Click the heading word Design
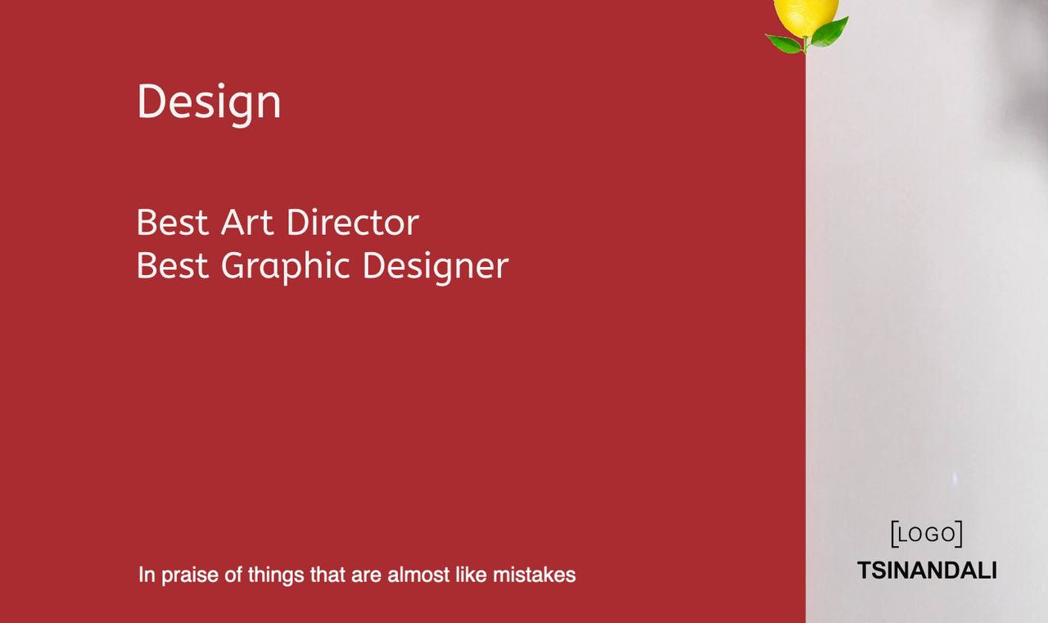[x=209, y=104]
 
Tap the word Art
[x=247, y=222]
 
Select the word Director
[x=353, y=222]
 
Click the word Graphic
[x=286, y=267]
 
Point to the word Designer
[x=436, y=267]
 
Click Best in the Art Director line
[x=173, y=222]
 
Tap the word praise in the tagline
[x=190, y=576]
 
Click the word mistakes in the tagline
[x=535, y=575]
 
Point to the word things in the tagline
[x=276, y=576]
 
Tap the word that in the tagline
[x=327, y=575]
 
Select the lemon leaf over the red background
[x=784, y=43]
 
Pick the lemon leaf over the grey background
[x=829, y=33]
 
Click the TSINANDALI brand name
[x=927, y=571]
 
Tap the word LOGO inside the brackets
[x=927, y=534]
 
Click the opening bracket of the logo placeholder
[x=895, y=534]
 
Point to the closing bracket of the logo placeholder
[x=959, y=534]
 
